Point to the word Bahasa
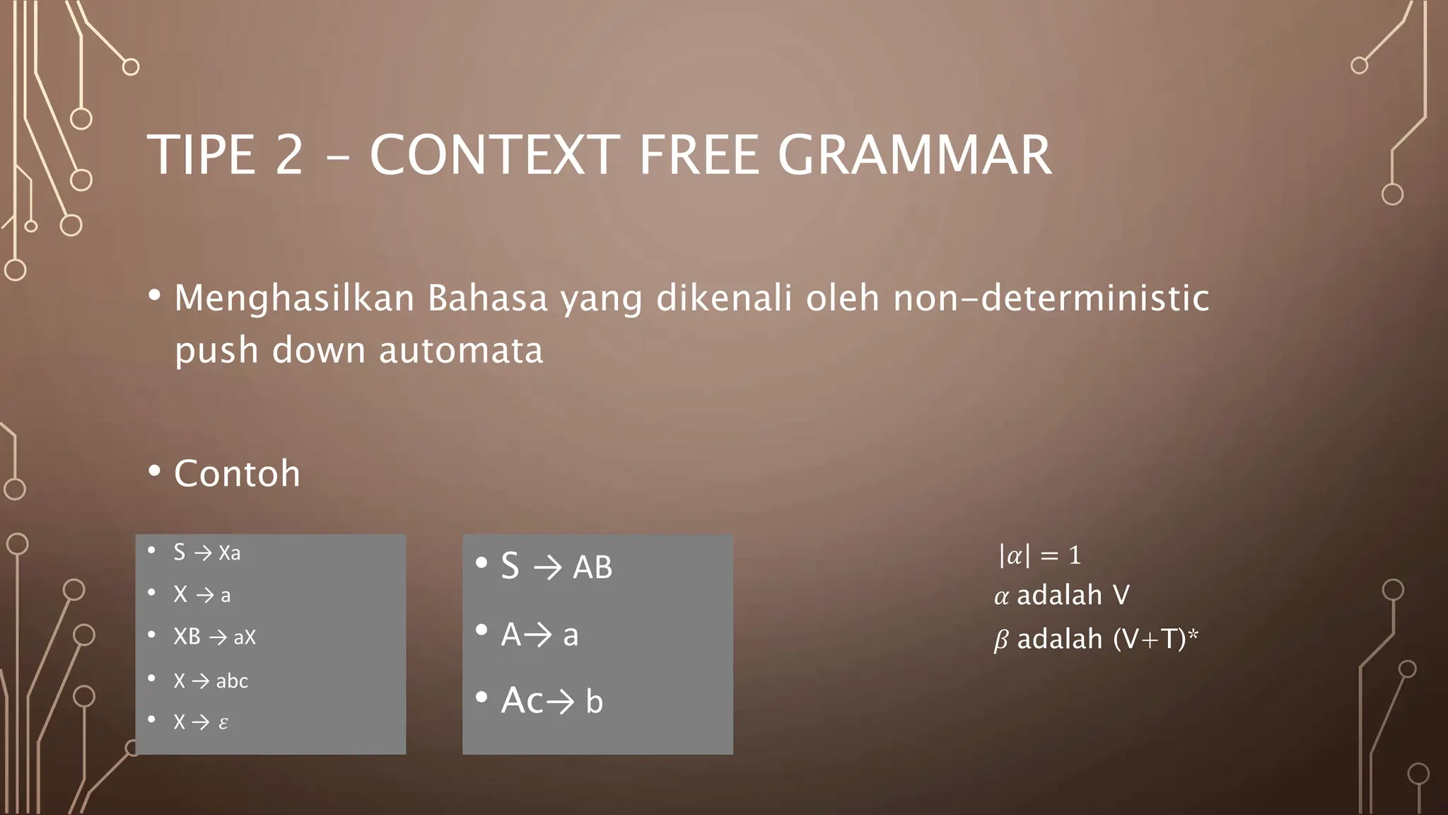488,298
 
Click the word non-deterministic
1051,298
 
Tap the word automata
461,350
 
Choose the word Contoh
237,473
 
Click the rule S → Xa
206,553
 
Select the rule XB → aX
214,637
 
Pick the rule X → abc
211,681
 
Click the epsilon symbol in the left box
223,723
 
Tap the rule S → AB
556,567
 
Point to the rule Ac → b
551,701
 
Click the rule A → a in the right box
539,635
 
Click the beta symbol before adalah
1001,640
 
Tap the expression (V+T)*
1155,639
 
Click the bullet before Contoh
155,471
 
